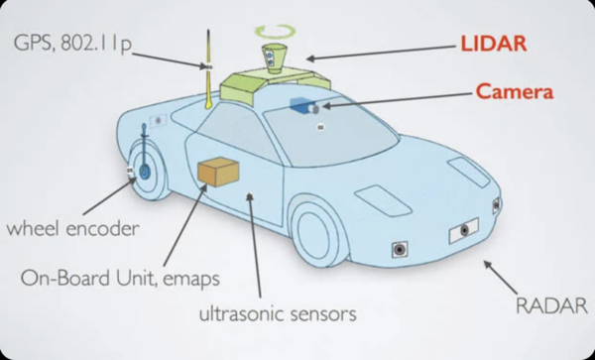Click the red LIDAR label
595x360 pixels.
[494, 44]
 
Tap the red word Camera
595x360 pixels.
[515, 91]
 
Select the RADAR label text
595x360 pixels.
[552, 305]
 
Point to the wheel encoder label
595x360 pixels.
[72, 228]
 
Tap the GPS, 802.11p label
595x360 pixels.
[72, 43]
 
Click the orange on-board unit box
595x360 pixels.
[218, 172]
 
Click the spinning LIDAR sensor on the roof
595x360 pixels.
[274, 59]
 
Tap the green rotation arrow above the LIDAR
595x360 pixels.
[275, 31]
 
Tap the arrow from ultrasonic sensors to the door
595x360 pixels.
[255, 245]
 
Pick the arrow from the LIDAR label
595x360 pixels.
[381, 53]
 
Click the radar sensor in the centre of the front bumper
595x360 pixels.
[464, 230]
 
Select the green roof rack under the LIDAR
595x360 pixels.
[275, 84]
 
